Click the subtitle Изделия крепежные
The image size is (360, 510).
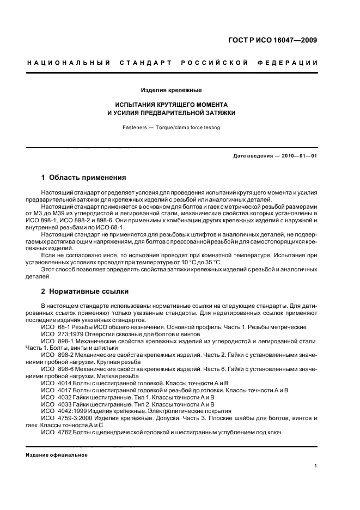point(172,89)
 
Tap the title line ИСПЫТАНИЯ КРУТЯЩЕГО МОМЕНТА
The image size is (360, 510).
point(172,104)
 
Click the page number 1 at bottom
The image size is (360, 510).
point(316,465)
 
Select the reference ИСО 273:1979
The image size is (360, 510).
point(62,334)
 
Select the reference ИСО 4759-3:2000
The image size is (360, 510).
point(65,418)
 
